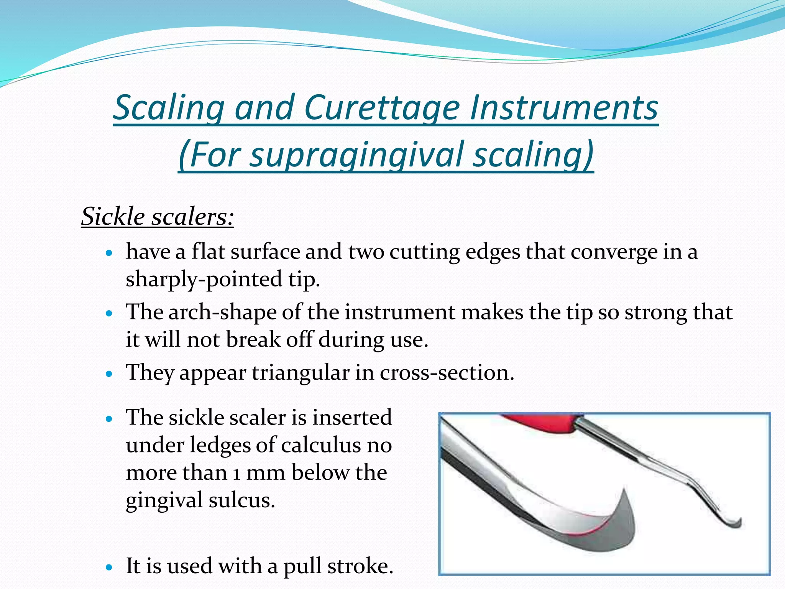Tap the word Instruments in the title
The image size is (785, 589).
(x=564, y=108)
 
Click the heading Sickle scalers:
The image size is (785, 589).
(x=157, y=217)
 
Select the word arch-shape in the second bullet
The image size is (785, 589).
(x=222, y=312)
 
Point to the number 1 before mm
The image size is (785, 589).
(x=237, y=473)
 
